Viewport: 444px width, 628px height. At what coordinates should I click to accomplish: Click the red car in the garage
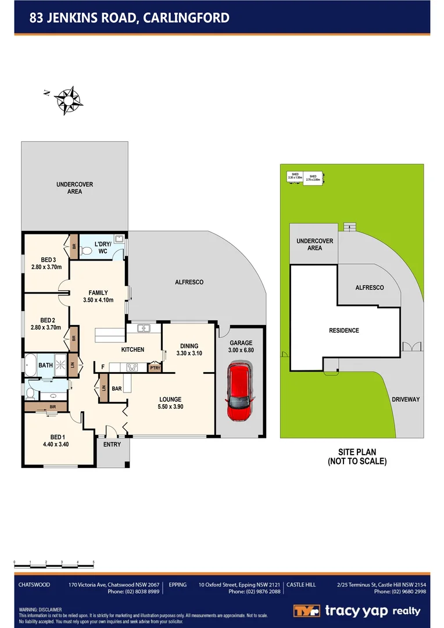click(x=241, y=391)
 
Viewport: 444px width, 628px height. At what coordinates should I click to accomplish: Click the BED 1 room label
click(x=56, y=437)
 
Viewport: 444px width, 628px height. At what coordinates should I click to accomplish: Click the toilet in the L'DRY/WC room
click(x=87, y=251)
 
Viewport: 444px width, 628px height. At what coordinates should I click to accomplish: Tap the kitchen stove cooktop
click(x=132, y=367)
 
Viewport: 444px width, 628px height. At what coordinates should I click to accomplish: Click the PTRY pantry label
click(x=155, y=367)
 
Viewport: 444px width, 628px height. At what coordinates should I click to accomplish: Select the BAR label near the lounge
click(x=116, y=388)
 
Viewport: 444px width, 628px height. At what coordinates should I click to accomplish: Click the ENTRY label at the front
click(x=112, y=445)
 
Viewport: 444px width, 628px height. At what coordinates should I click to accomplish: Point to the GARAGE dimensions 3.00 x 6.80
click(x=241, y=350)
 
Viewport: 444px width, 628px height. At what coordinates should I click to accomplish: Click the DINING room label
click(x=188, y=346)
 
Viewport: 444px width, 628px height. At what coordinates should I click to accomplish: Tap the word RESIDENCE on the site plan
click(x=344, y=330)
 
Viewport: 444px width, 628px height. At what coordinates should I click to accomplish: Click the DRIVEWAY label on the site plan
click(x=406, y=399)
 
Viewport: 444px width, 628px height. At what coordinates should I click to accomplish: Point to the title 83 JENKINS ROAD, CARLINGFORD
click(x=129, y=18)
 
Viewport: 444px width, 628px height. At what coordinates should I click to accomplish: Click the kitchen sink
click(x=144, y=329)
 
